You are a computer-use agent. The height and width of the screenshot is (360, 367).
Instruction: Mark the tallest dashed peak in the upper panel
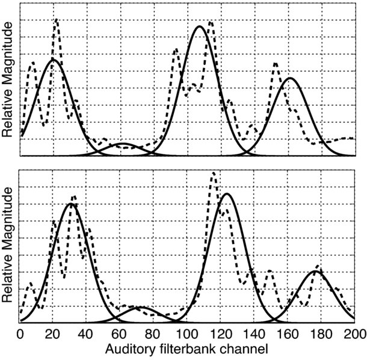click(57, 20)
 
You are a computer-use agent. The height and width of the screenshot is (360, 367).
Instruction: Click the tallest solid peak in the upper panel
click(200, 26)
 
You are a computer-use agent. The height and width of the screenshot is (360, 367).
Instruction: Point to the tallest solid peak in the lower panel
click(227, 194)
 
